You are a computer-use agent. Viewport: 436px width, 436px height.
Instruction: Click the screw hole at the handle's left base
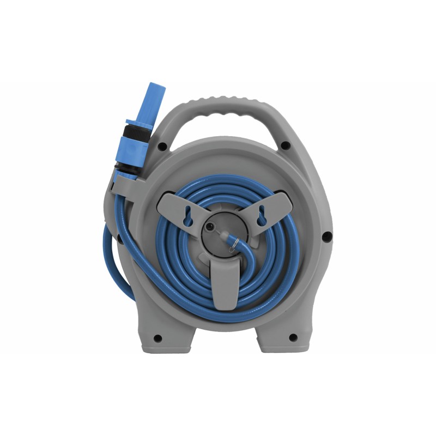click(162, 146)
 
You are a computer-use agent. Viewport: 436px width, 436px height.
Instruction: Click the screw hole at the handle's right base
click(284, 145)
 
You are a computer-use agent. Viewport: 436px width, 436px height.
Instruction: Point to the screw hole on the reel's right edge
click(326, 237)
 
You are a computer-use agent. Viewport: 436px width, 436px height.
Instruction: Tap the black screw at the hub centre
click(210, 225)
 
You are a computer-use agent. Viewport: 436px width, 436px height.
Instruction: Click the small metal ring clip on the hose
click(233, 243)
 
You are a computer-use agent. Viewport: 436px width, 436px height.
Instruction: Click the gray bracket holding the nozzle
click(123, 183)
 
